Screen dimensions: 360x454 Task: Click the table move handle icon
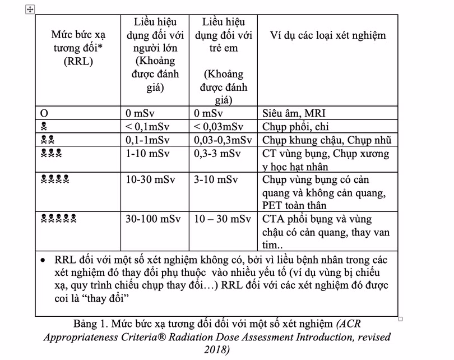click(31, 10)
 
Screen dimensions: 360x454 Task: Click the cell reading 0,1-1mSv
click(147, 140)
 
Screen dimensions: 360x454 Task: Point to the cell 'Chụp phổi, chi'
click(294, 126)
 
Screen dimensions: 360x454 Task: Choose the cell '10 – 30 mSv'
click(223, 219)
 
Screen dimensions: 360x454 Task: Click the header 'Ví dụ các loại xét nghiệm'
click(327, 35)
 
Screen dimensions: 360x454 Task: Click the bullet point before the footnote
click(43, 261)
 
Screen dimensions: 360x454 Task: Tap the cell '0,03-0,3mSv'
click(223, 140)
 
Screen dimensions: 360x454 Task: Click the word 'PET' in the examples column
click(273, 205)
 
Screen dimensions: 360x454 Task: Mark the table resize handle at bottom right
click(400, 319)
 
